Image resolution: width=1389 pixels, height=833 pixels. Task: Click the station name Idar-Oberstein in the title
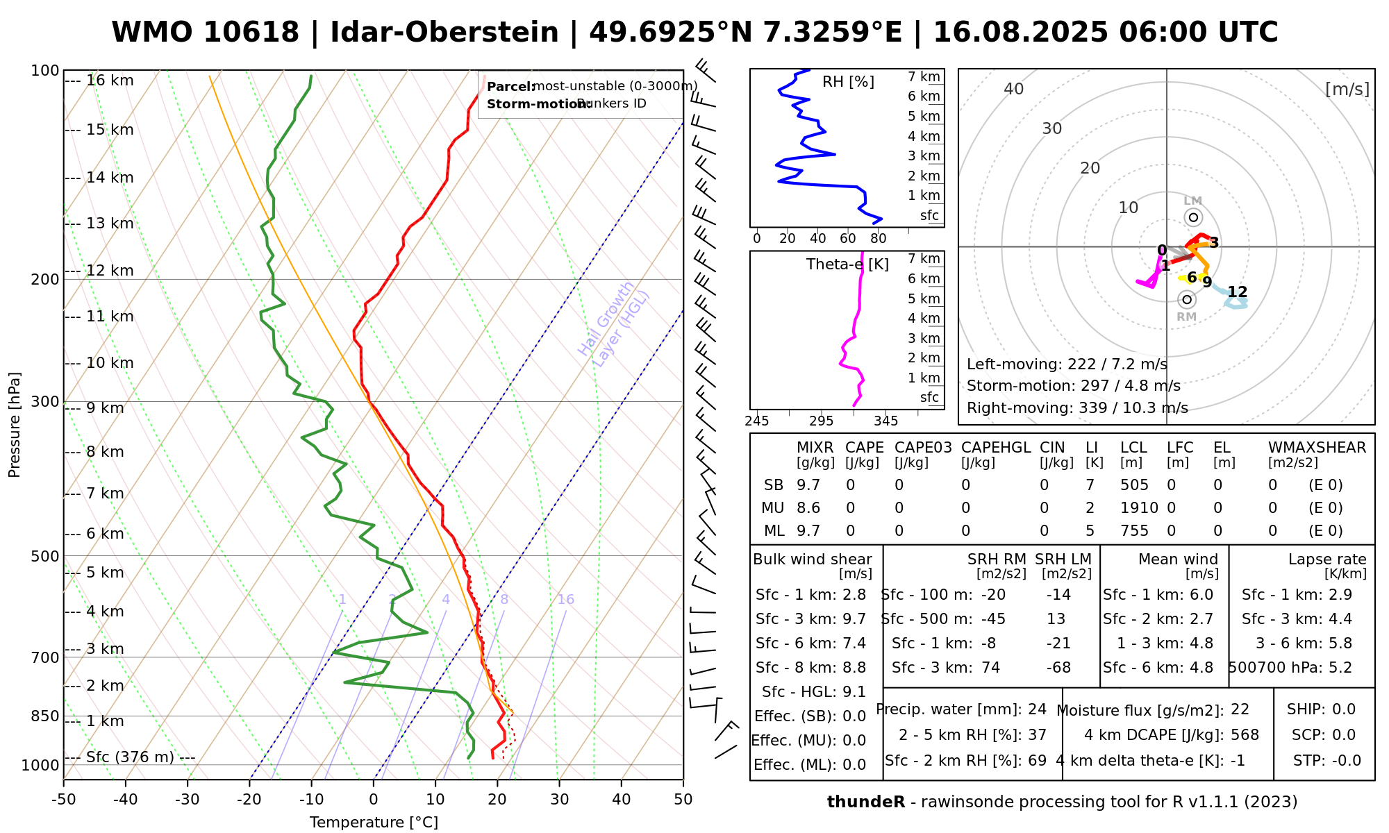point(444,33)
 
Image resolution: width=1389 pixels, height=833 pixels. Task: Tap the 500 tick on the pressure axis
point(45,556)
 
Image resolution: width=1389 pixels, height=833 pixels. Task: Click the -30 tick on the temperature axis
point(188,799)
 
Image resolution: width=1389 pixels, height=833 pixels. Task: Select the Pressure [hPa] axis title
point(15,425)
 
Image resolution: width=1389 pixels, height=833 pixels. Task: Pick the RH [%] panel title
point(848,82)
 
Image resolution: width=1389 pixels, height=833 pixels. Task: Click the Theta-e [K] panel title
point(847,264)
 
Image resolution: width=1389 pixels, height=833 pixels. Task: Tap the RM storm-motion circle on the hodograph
point(1187,299)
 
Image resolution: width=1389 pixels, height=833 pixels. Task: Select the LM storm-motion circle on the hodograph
point(1193,217)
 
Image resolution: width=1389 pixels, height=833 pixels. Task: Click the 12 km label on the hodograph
point(1237,292)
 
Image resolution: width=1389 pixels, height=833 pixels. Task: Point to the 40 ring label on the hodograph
point(1014,89)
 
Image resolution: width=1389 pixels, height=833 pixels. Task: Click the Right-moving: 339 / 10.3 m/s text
point(1077,408)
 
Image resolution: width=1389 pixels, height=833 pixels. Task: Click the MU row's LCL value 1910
point(1139,508)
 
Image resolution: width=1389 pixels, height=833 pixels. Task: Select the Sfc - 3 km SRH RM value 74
point(990,668)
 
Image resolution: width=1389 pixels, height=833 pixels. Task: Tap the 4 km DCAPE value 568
point(1245,735)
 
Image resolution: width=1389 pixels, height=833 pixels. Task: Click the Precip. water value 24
point(1037,709)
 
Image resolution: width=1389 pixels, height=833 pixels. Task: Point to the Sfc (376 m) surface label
point(130,757)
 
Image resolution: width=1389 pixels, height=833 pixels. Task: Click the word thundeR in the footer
point(866,802)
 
